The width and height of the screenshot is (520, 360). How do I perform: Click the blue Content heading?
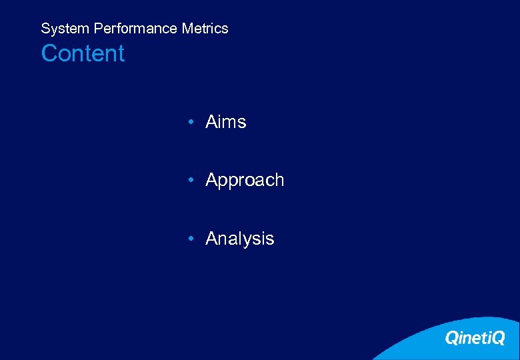[83, 53]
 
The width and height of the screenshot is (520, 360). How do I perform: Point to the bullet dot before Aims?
[191, 123]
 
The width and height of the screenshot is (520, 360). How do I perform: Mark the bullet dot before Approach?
[191, 181]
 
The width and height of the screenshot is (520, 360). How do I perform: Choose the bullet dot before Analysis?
[191, 239]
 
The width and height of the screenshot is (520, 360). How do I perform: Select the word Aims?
[226, 122]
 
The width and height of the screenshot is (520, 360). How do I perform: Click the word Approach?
[245, 181]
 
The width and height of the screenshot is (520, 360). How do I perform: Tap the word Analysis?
[240, 239]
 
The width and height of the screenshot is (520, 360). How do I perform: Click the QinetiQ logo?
[475, 338]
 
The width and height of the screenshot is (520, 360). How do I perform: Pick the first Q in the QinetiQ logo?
[451, 339]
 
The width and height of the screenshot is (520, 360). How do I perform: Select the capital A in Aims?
[212, 122]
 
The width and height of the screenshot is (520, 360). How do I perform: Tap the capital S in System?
[45, 29]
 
